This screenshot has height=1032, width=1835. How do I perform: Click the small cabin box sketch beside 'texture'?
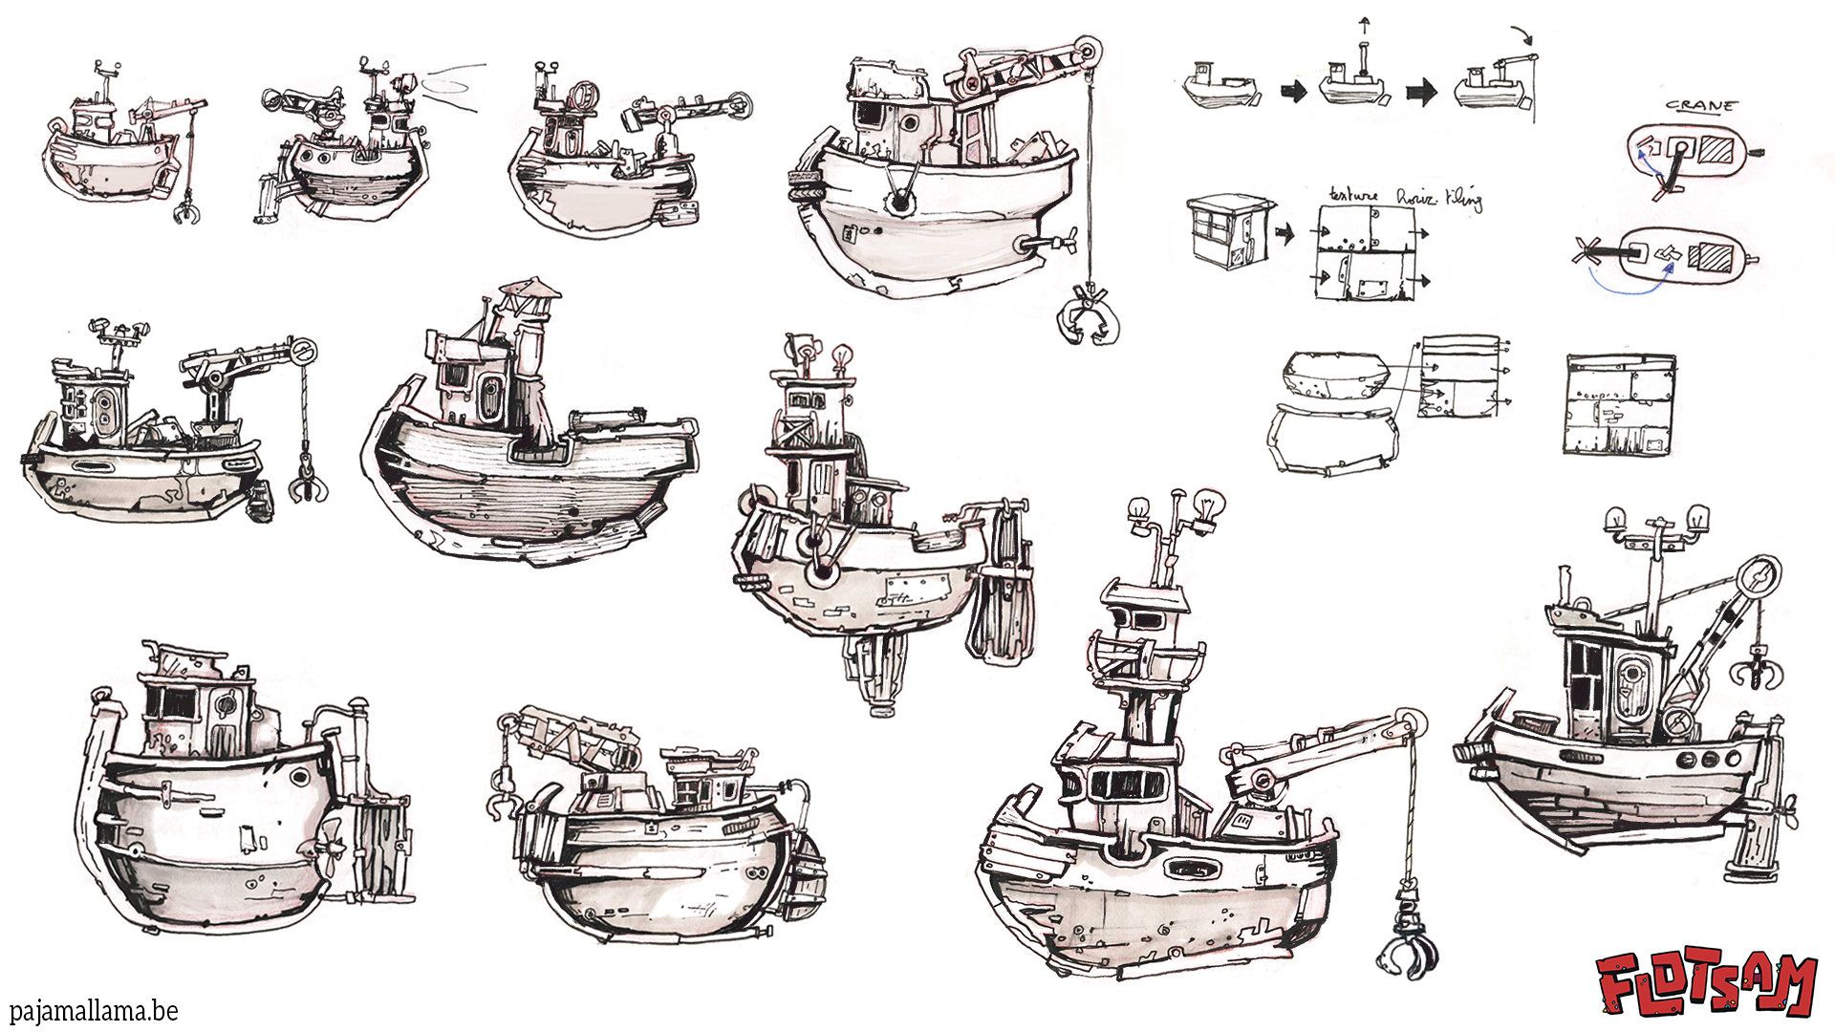click(x=1228, y=229)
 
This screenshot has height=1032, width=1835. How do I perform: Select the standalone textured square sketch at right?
click(x=1619, y=404)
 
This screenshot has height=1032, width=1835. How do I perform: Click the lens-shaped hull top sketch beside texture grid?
click(x=1338, y=376)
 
